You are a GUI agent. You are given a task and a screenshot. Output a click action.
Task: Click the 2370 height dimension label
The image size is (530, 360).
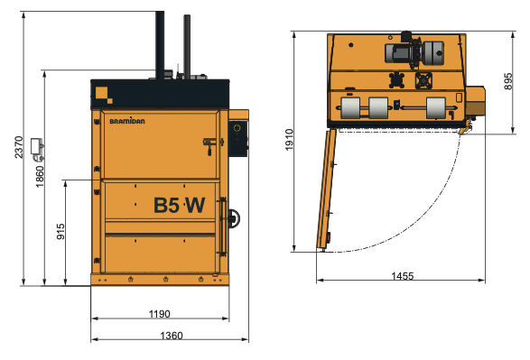[19, 147]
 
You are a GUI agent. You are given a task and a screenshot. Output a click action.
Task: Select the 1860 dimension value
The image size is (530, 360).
[40, 177]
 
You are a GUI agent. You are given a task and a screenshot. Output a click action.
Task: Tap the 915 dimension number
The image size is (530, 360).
[60, 231]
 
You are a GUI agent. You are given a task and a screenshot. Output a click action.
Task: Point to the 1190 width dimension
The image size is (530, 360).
[159, 314]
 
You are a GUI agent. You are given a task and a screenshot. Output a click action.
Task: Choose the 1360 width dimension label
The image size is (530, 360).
[172, 336]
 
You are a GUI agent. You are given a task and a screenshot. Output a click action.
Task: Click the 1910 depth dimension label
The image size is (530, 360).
[289, 140]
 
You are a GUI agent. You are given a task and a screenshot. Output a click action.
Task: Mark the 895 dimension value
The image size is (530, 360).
[508, 81]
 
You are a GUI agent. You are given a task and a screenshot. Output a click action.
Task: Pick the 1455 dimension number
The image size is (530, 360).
[402, 276]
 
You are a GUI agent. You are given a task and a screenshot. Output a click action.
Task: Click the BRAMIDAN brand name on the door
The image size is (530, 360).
[127, 121]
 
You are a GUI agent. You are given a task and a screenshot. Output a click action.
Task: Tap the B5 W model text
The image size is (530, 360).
[179, 205]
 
